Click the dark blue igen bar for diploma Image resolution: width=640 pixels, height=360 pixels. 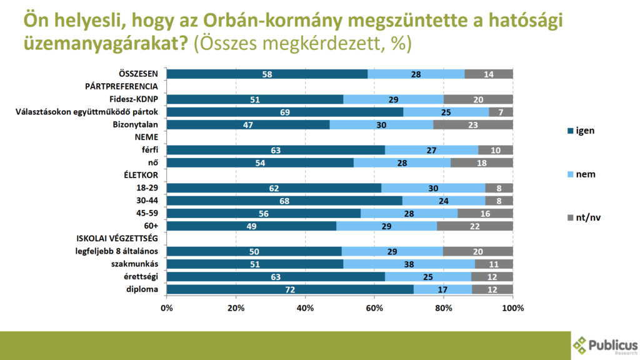[290, 289]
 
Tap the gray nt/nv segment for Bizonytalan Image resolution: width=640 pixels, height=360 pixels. [472, 124]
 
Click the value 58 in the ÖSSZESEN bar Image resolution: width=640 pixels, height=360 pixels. [267, 74]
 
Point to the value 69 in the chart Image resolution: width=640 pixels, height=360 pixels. [284, 112]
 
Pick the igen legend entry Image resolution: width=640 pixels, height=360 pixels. [577, 131]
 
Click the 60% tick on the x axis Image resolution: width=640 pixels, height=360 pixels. [374, 308]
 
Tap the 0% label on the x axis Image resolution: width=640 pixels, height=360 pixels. [167, 308]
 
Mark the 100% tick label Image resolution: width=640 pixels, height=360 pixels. [512, 308]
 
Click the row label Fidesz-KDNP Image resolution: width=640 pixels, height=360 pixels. [133, 99]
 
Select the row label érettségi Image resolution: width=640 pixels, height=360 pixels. [141, 277]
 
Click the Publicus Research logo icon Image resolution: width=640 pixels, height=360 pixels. [581, 345]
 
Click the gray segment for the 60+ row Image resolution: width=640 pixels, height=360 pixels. [474, 226]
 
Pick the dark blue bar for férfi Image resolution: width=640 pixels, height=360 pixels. [276, 150]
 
